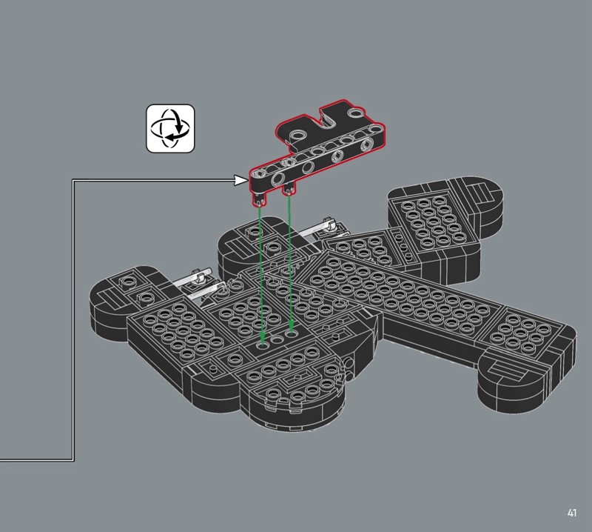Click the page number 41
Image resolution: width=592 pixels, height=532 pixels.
pos(571,513)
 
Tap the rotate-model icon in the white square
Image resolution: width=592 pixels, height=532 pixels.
pos(170,129)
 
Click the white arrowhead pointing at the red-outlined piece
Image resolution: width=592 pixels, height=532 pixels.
pos(240,180)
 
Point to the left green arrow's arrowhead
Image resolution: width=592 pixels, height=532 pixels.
pos(263,339)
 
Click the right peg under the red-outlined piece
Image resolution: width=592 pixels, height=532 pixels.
pos(289,188)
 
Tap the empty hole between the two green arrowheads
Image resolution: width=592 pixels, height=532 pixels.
pos(277,339)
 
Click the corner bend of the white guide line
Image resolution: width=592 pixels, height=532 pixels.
pos(73,181)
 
